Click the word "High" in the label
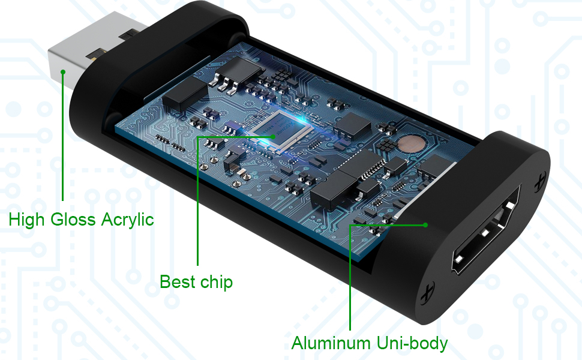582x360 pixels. (x=26, y=220)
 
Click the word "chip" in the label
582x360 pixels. (x=217, y=281)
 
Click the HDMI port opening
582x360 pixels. (x=485, y=240)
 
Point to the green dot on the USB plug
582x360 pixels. (x=62, y=71)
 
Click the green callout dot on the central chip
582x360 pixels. (x=274, y=137)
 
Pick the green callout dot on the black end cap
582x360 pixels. (x=425, y=225)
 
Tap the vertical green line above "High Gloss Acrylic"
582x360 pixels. (x=62, y=138)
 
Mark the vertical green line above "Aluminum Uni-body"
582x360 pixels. (x=350, y=276)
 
